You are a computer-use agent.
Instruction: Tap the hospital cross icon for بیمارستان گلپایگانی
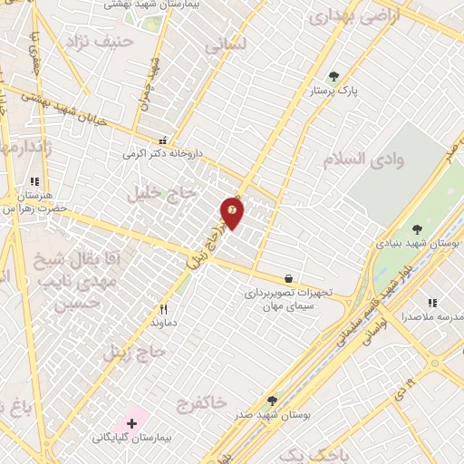click(132, 422)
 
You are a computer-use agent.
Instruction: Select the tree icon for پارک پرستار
click(333, 76)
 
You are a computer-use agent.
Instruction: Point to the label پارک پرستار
click(334, 92)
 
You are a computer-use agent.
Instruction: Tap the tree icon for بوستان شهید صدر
click(272, 400)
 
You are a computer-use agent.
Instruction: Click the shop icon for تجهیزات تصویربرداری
click(288, 278)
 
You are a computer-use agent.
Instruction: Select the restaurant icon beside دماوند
click(164, 308)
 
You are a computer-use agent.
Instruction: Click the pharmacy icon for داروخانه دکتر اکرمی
click(163, 140)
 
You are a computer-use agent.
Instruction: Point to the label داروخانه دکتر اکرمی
click(161, 154)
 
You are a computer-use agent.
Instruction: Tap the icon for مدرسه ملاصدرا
click(432, 302)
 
